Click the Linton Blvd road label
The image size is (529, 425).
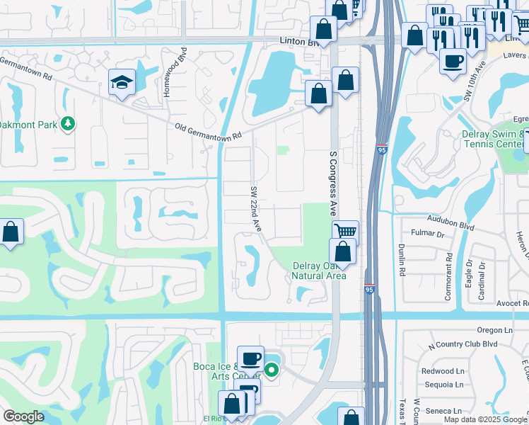tap(300, 42)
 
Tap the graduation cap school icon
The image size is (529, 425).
tap(122, 84)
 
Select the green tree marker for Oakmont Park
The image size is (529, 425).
tap(68, 124)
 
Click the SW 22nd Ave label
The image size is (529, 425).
tap(256, 208)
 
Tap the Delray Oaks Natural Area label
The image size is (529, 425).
tap(320, 271)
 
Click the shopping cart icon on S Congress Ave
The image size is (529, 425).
tap(345, 232)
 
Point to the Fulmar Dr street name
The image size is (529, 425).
tap(429, 233)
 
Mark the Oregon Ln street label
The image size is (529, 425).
tap(494, 329)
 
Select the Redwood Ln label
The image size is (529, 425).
tap(442, 370)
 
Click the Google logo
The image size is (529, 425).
tap(23, 416)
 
